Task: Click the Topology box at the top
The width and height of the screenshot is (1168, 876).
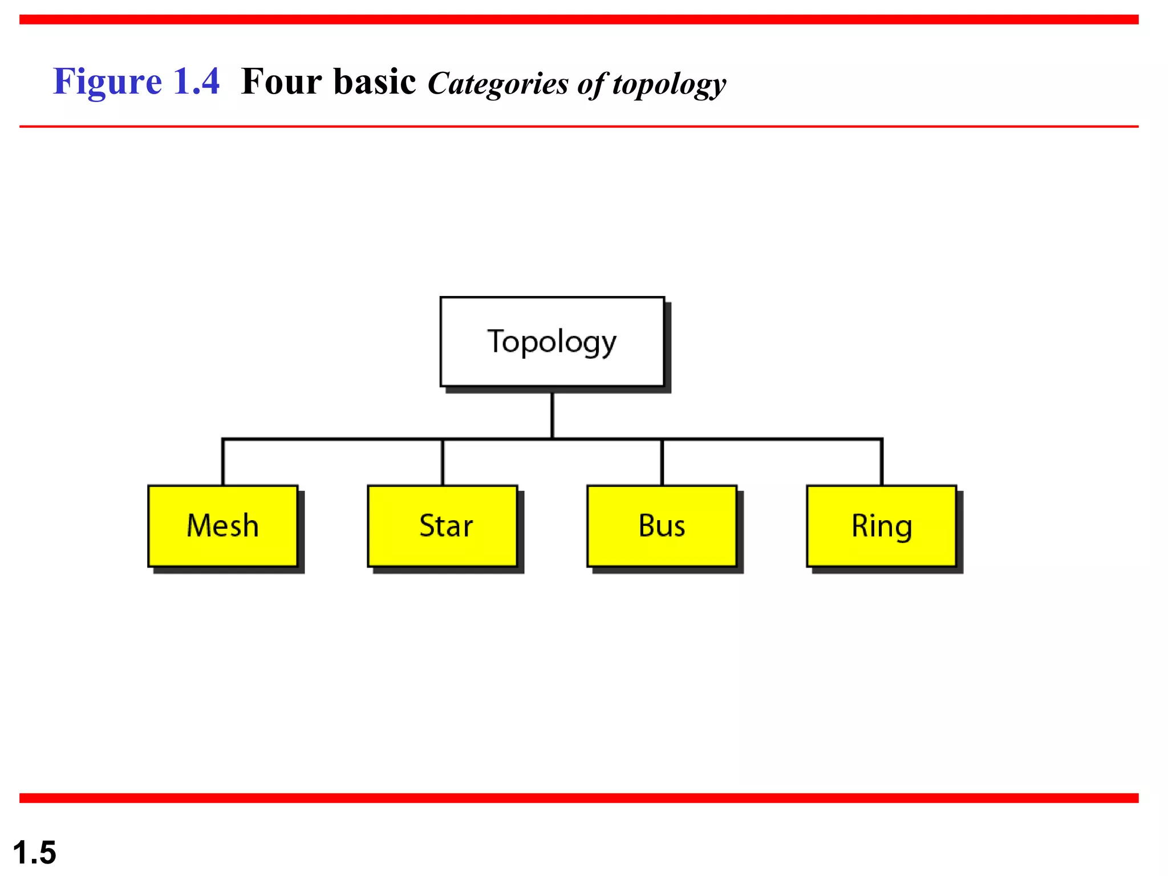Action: pyautogui.click(x=552, y=342)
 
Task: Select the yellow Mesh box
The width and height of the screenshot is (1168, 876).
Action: pyautogui.click(x=223, y=526)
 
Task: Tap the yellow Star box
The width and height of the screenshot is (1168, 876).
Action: pyautogui.click(x=443, y=526)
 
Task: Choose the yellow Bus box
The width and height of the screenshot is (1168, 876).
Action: pyautogui.click(x=662, y=526)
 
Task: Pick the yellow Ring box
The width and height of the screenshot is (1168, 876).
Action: pyautogui.click(x=881, y=526)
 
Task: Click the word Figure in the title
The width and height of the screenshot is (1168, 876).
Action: pyautogui.click(x=108, y=82)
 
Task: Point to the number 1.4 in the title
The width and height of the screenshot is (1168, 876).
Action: pyautogui.click(x=196, y=82)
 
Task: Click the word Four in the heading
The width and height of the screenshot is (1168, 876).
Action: pyautogui.click(x=282, y=82)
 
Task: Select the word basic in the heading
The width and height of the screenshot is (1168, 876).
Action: pyautogui.click(x=375, y=82)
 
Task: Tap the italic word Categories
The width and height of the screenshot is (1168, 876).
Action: pyautogui.click(x=498, y=84)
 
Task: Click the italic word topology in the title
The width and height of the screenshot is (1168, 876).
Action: pyautogui.click(x=669, y=84)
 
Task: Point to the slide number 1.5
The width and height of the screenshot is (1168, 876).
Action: pyautogui.click(x=34, y=853)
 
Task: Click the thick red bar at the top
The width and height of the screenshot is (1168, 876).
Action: pyautogui.click(x=579, y=20)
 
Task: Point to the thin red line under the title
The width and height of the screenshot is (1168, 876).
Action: pyautogui.click(x=579, y=127)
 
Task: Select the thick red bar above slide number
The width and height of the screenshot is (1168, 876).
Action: pyautogui.click(x=579, y=798)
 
